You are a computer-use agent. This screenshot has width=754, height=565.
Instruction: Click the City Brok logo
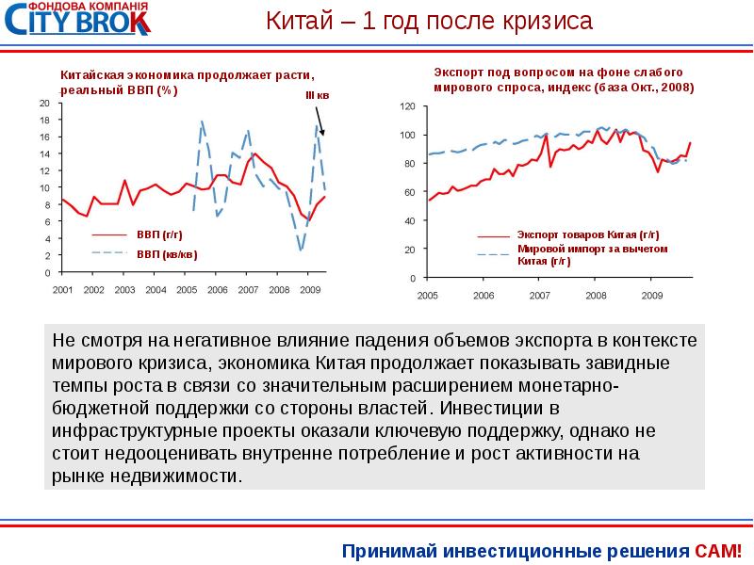point(75,21)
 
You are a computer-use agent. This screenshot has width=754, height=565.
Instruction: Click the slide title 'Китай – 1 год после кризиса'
point(428,22)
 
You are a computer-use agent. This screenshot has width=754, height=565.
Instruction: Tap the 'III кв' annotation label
point(317,96)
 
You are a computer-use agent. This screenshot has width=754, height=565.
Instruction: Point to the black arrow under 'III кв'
point(320,120)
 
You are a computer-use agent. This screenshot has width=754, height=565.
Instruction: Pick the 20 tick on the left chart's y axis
point(44,103)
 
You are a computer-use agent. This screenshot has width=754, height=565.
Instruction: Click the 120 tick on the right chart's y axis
point(407,107)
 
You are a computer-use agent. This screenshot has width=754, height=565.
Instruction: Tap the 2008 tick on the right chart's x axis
point(596,295)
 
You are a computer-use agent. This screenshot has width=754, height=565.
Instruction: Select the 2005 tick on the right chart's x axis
point(428,295)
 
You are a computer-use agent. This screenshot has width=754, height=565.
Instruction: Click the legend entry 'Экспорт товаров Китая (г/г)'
point(587,234)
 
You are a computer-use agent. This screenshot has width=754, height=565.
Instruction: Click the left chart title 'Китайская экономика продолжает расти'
point(187,76)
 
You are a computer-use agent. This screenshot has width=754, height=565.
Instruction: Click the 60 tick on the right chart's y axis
point(409,193)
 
